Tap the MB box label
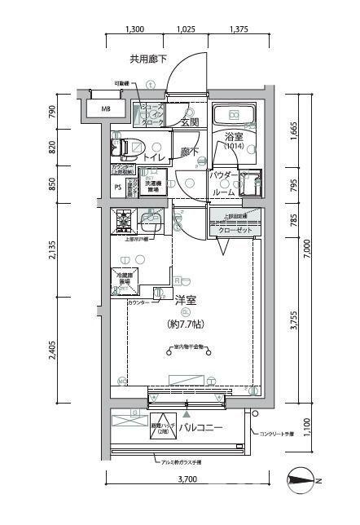106,109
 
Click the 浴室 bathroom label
234,139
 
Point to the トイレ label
155,157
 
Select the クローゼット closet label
235,231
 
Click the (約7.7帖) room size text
187,324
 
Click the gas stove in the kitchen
124,219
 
